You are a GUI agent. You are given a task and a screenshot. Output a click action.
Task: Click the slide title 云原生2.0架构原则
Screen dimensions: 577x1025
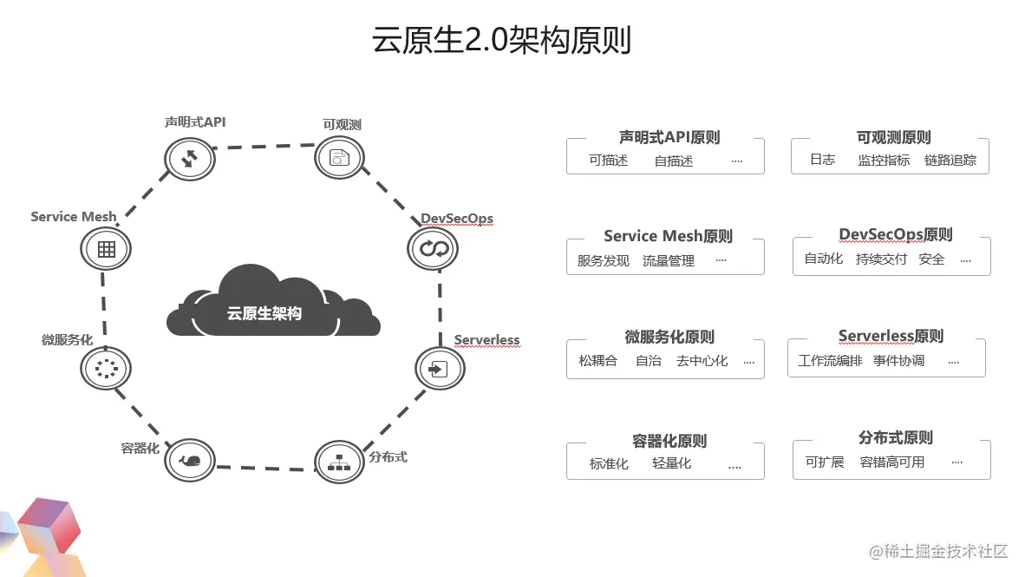(x=501, y=41)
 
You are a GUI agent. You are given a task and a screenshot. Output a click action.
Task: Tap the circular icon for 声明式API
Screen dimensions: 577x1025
(x=189, y=159)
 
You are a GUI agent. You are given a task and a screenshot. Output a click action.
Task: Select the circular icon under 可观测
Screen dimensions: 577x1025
(x=338, y=157)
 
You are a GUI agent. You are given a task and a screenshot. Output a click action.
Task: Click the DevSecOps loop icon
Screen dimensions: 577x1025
(x=432, y=250)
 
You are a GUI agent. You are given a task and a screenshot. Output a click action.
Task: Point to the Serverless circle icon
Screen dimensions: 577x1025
(x=439, y=368)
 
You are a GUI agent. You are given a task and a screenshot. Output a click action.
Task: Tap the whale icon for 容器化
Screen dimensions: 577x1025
(x=189, y=461)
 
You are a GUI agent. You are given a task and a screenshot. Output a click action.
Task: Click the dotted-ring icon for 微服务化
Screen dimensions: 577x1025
(x=106, y=369)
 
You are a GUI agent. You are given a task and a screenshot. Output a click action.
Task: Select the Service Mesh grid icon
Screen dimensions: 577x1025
(x=106, y=250)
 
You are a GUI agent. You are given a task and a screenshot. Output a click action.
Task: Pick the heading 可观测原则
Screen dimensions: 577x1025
(x=892, y=138)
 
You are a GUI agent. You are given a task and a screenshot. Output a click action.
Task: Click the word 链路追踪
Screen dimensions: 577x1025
(x=950, y=161)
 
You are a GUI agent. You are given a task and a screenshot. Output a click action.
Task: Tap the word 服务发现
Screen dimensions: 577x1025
(x=604, y=260)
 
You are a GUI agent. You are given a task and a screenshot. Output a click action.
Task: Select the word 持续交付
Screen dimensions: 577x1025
(x=881, y=259)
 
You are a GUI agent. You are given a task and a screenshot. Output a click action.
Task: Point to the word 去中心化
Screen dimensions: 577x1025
(x=702, y=361)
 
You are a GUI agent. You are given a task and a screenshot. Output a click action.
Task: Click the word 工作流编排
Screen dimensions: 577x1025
(x=830, y=361)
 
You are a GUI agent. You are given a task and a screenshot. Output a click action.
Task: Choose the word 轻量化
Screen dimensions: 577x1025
(x=672, y=463)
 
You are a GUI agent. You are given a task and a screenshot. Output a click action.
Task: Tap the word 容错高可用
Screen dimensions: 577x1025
(x=892, y=462)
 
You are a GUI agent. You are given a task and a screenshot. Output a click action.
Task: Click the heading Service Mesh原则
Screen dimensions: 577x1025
(x=668, y=236)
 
